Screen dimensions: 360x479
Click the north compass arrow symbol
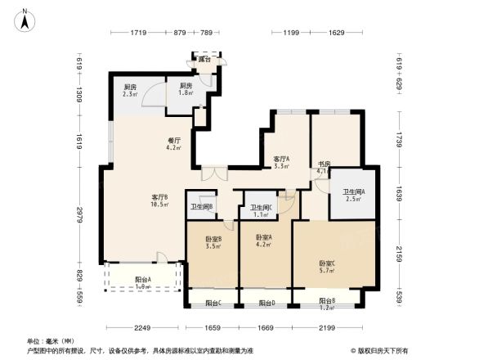click(25, 19)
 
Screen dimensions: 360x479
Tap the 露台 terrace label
click(204, 60)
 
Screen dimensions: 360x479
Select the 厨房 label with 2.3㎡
click(130, 91)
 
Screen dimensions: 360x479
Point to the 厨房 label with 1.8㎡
click(186, 90)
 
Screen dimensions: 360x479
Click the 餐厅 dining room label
click(173, 143)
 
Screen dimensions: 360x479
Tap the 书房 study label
click(324, 168)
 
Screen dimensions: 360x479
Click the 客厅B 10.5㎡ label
click(160, 200)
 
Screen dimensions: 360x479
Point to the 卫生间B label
click(201, 206)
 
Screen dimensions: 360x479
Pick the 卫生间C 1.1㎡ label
click(261, 211)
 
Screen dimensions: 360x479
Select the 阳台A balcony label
click(143, 283)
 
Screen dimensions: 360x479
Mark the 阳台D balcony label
click(266, 304)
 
